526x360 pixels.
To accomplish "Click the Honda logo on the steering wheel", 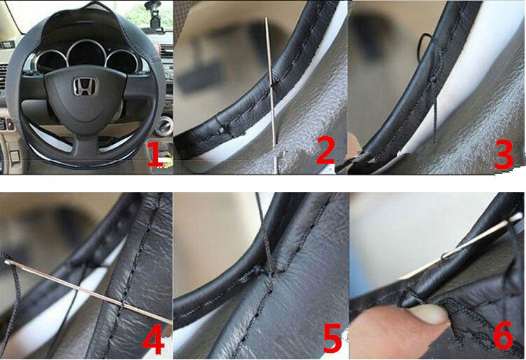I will click(x=86, y=87).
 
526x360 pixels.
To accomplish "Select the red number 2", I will click(x=326, y=151).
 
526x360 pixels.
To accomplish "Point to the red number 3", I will click(x=504, y=154).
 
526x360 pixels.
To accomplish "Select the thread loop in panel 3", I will click(x=425, y=49).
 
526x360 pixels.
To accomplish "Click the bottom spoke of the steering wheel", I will click(x=86, y=140).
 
